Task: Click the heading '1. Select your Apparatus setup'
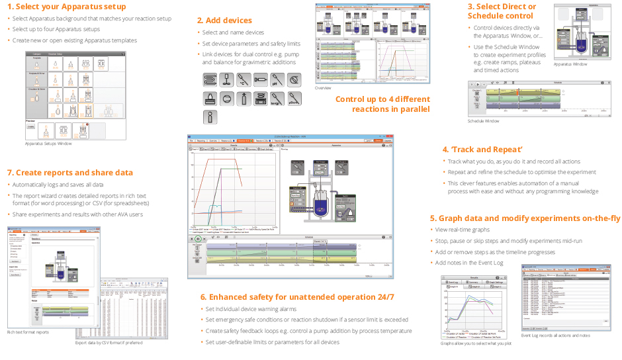(x=66, y=7)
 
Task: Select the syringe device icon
(x=261, y=80)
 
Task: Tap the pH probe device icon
(x=278, y=80)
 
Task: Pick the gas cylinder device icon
(x=244, y=99)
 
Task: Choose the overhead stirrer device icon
(x=226, y=80)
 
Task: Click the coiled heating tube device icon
(x=209, y=80)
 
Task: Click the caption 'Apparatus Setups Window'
(x=48, y=144)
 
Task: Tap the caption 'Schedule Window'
(x=484, y=121)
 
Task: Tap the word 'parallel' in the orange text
(x=414, y=109)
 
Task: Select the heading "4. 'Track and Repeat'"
(x=482, y=150)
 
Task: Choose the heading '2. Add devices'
(x=224, y=21)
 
